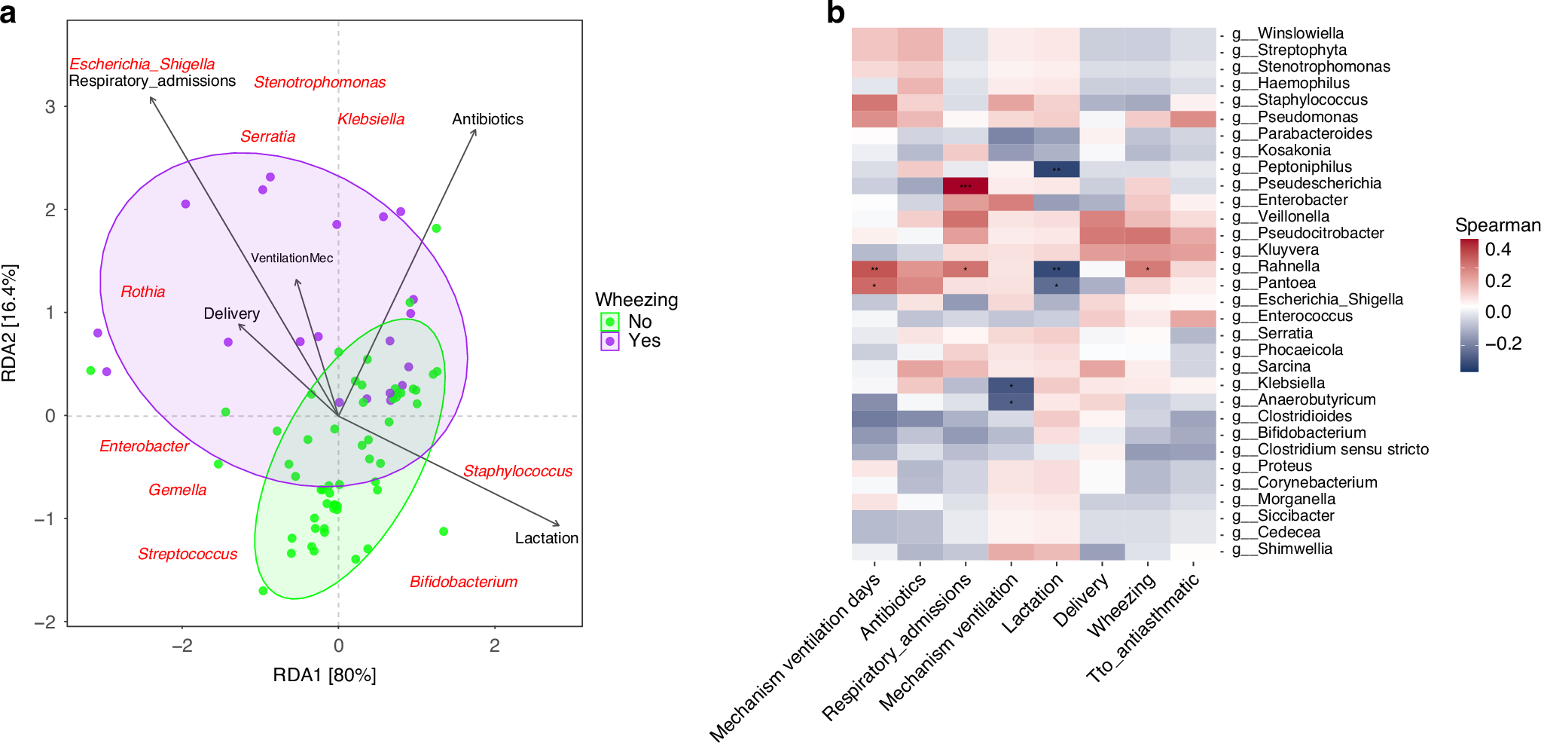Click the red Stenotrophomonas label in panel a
coord(319,82)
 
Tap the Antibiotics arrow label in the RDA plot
coord(487,119)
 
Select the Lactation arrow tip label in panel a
coord(546,538)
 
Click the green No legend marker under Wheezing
coord(610,322)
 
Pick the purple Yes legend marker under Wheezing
coord(610,341)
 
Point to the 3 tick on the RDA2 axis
coord(50,107)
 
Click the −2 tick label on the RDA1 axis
coord(182,646)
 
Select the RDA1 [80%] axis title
coord(324,675)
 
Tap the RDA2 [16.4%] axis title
coord(10,323)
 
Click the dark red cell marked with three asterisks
coord(965,185)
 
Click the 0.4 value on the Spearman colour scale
coord(1497,249)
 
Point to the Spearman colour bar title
coord(1497,225)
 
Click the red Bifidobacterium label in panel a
coord(463,582)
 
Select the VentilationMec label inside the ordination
coord(291,258)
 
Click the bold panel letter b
coord(835,13)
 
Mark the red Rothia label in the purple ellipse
coord(142,292)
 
